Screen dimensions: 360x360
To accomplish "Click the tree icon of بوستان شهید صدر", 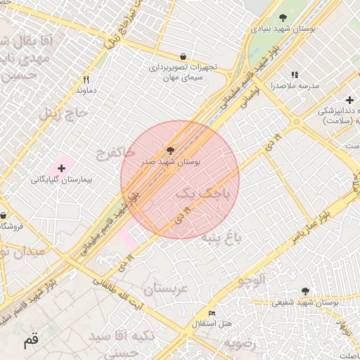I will [x=169, y=150].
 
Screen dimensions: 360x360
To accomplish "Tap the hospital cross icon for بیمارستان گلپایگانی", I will [x=62, y=168].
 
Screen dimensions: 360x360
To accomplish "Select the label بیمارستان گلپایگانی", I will [x=62, y=180].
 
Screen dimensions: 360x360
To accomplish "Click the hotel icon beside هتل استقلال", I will [x=212, y=313].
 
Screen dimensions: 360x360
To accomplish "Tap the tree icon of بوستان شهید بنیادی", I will [x=283, y=18].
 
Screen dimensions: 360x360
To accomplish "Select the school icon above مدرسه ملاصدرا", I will [x=295, y=75].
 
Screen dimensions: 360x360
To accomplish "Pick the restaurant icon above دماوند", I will [x=86, y=80].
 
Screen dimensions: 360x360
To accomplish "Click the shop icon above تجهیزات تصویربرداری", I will [x=184, y=56].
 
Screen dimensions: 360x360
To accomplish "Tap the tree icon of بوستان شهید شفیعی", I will [x=305, y=291].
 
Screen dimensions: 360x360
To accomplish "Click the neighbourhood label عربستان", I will [x=167, y=288].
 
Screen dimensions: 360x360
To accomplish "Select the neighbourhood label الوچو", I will [x=252, y=281].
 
